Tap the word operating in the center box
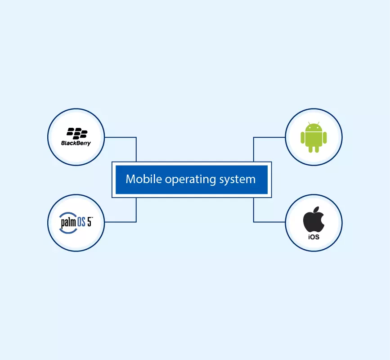(x=184, y=180)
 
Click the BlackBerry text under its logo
(x=76, y=143)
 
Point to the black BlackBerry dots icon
(x=76, y=133)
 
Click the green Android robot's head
(x=314, y=128)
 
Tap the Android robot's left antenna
(x=309, y=122)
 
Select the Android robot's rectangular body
(x=314, y=139)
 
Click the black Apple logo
(x=314, y=220)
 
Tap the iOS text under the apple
(x=314, y=237)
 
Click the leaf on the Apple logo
(x=316, y=209)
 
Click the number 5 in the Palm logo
(x=89, y=221)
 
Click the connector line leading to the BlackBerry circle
(x=121, y=137)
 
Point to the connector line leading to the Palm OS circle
(x=121, y=222)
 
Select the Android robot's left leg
(x=310, y=149)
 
